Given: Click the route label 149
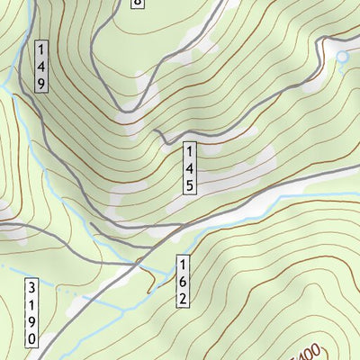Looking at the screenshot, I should (41, 65).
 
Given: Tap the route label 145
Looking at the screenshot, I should (190, 168).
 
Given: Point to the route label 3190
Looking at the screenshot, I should (31, 312).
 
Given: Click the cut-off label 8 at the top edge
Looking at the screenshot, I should (137, 3).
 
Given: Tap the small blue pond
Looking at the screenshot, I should (342, 58).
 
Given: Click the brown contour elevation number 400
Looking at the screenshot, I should (309, 351).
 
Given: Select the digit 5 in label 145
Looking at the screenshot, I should (190, 184).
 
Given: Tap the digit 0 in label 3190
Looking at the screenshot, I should (31, 338).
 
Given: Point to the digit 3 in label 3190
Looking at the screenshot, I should (31, 287).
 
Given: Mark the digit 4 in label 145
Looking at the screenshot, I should (190, 168).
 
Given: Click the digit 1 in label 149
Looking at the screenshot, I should (41, 49).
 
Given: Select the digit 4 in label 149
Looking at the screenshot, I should (41, 65).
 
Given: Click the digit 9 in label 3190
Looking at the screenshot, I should (31, 321).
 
